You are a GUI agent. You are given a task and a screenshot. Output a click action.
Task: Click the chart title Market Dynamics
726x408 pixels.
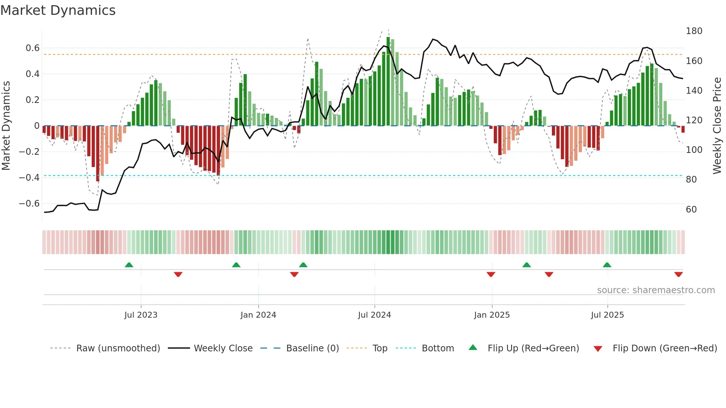[58, 10]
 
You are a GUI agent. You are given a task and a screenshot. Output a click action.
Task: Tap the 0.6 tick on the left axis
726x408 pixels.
[33, 48]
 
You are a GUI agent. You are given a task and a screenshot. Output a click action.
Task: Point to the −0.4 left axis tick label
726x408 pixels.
[29, 178]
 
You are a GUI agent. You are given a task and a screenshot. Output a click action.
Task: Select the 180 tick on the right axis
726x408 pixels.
[694, 31]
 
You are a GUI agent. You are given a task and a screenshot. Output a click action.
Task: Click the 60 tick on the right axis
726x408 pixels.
[691, 210]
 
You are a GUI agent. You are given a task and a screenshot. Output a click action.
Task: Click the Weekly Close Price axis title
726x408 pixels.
[717, 126]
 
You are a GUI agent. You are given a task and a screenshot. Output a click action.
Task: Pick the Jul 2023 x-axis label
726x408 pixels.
[141, 315]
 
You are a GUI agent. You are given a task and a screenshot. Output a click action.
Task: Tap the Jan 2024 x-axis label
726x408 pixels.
[258, 315]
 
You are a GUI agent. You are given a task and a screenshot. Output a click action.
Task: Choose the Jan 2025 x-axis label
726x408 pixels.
[492, 315]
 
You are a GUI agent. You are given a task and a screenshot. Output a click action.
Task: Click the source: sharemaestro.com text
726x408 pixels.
[656, 290]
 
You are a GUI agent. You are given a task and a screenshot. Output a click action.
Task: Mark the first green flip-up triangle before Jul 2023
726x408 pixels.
[129, 265]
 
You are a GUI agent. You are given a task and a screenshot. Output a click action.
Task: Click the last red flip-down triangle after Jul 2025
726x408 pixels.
[679, 274]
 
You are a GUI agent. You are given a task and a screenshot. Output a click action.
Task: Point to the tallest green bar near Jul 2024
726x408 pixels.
[388, 81]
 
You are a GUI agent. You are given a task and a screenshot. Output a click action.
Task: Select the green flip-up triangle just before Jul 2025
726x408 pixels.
[607, 265]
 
